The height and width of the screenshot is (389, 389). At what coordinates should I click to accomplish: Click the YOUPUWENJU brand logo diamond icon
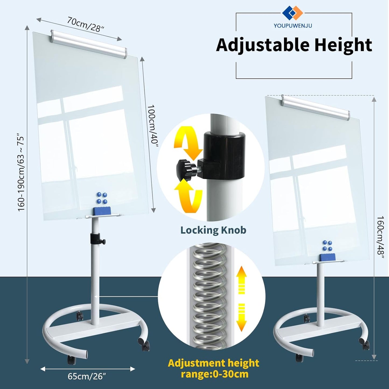[x=293, y=13]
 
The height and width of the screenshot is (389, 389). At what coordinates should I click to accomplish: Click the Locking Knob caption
[x=213, y=230]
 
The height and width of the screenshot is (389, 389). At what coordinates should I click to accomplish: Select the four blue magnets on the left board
[x=102, y=198]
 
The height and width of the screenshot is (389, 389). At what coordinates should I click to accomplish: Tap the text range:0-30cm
[x=215, y=374]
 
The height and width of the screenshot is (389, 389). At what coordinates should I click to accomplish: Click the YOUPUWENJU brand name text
[x=293, y=26]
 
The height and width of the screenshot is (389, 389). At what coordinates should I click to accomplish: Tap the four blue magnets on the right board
[x=327, y=246]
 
